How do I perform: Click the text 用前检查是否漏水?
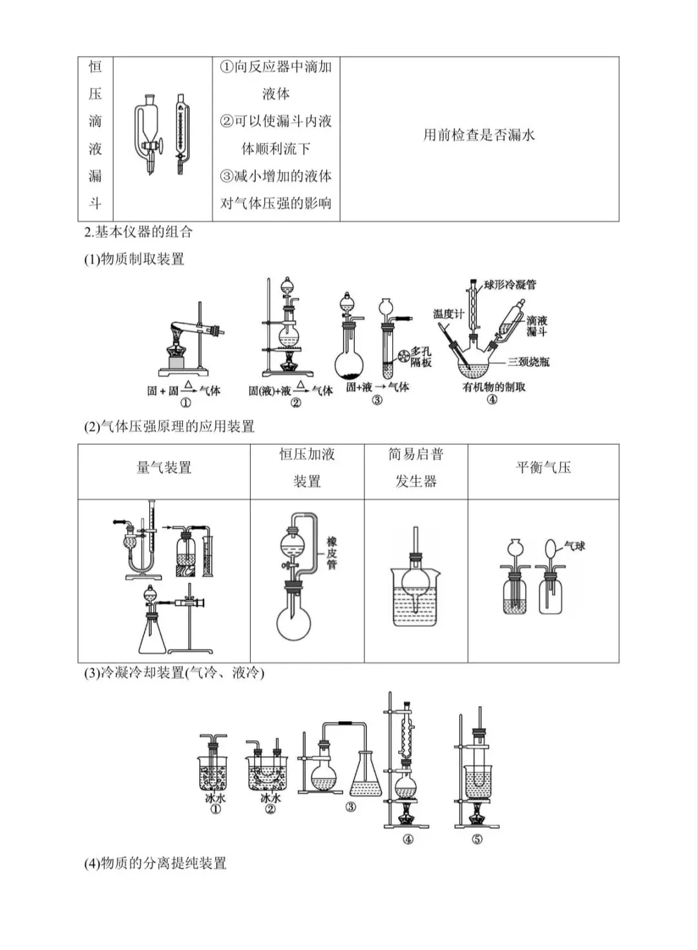tap(479, 135)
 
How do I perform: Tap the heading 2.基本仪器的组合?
tap(138, 232)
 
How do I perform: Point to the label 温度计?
tap(449, 314)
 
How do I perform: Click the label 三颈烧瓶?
tap(528, 362)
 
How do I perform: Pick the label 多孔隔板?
tap(421, 357)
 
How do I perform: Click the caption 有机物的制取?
tap(494, 387)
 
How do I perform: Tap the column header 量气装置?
tap(164, 468)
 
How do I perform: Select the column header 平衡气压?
tap(543, 468)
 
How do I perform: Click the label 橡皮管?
tap(332, 553)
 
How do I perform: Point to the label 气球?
tap(575, 546)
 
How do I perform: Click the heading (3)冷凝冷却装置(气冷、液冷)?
tap(174, 673)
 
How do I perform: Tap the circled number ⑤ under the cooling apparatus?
tap(477, 839)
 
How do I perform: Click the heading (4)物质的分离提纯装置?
tap(155, 863)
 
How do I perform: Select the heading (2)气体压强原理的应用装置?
tap(169, 426)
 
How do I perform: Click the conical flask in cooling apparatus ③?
tap(365, 779)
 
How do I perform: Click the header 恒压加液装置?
tap(307, 468)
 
